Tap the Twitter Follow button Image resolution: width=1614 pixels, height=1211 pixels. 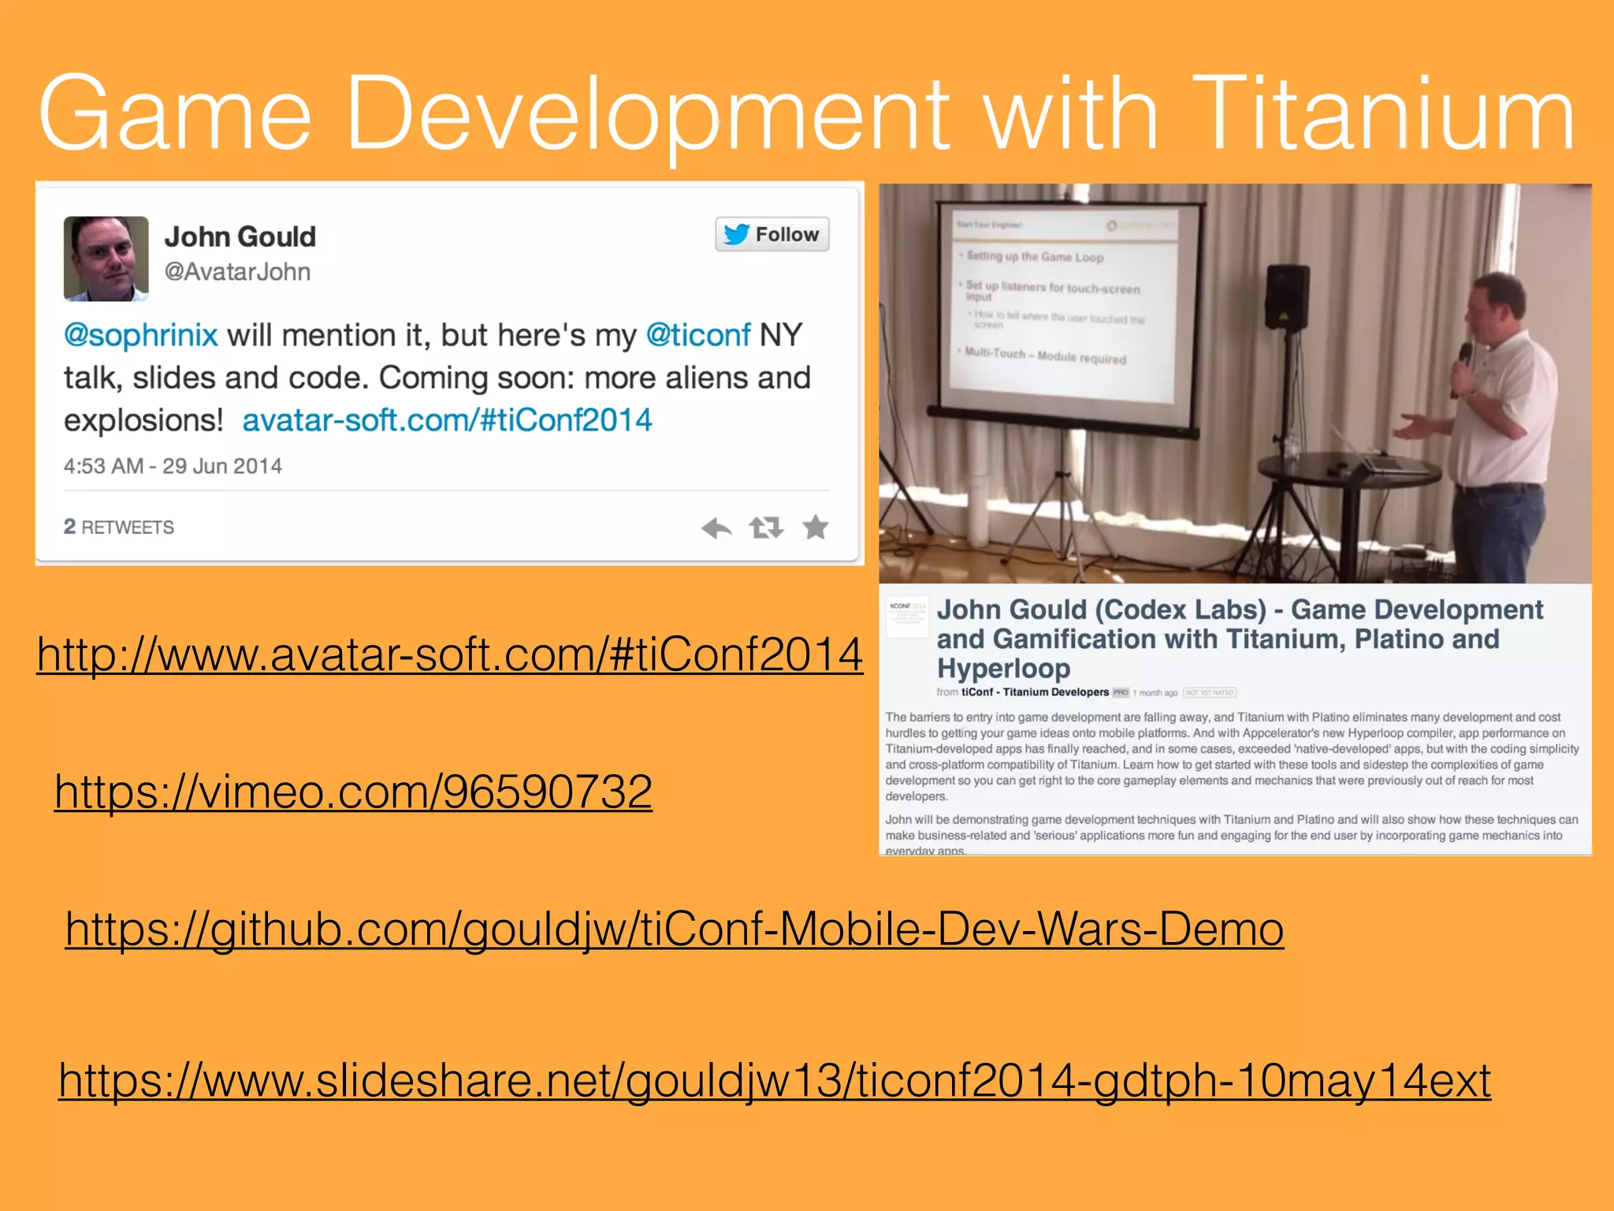(x=772, y=234)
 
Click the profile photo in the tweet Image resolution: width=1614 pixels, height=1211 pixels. (x=106, y=259)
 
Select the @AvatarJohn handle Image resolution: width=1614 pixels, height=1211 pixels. (x=237, y=272)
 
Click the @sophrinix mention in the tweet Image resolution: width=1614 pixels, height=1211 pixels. (x=140, y=336)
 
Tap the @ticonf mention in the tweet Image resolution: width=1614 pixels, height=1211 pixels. (x=697, y=336)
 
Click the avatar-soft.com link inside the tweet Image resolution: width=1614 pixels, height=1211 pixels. (x=447, y=420)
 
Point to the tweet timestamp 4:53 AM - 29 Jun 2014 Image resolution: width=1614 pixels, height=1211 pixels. (x=173, y=466)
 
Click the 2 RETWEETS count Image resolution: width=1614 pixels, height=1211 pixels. (x=119, y=527)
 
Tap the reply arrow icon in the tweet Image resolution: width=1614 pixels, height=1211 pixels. (x=716, y=527)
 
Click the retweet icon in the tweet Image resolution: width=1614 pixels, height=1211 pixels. (x=766, y=527)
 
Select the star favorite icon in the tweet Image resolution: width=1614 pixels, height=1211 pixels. (x=816, y=527)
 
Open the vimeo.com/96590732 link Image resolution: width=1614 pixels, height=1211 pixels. (x=353, y=792)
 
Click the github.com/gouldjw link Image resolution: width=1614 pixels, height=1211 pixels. (x=674, y=929)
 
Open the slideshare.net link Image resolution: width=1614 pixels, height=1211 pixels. (x=774, y=1080)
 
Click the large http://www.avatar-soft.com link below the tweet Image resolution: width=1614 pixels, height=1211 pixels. (x=449, y=654)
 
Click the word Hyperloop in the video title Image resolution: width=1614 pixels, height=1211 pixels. (x=1002, y=669)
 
